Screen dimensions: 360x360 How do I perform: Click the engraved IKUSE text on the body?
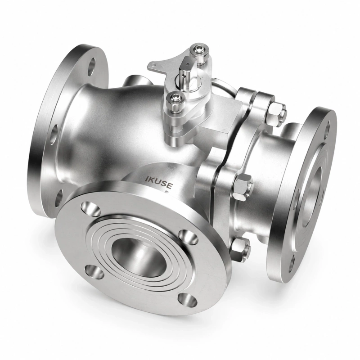[x=159, y=180]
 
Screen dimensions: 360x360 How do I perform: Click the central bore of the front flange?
[x=138, y=257]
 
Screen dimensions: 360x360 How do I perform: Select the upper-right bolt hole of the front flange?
[x=188, y=237]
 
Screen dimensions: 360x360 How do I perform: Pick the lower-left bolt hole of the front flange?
[x=94, y=272]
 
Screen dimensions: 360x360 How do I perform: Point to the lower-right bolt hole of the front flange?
[x=187, y=300]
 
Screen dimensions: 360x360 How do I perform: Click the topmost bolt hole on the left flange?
[x=92, y=66]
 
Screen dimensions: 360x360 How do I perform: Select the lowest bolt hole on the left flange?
[x=59, y=198]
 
